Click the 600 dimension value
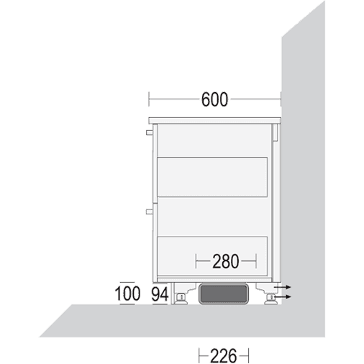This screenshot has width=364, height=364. pos(214,99)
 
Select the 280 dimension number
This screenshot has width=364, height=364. pos(226,261)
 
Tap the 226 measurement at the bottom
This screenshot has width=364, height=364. pos(224,356)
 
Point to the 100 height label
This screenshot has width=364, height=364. pos(127,294)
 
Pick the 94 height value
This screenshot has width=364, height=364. pos(160,294)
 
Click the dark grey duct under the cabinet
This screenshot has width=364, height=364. pos(224,294)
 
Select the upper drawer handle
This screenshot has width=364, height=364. pos(149,132)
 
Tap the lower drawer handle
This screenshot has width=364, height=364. pos(149,211)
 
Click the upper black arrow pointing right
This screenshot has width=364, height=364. pos(283,287)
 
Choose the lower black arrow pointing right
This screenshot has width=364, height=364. pos(283,297)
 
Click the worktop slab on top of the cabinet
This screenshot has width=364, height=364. pos(214,121)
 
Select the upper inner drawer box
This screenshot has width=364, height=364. pos(212,177)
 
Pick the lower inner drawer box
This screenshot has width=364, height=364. pos(212,256)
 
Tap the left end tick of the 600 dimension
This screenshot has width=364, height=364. pos(149,99)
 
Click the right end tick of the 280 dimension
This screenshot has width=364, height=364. pos(256,261)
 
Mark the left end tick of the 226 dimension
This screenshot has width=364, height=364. pos(199,356)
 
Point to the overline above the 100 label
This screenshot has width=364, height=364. pos(127,282)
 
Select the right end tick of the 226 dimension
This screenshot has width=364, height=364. pos(248,356)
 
